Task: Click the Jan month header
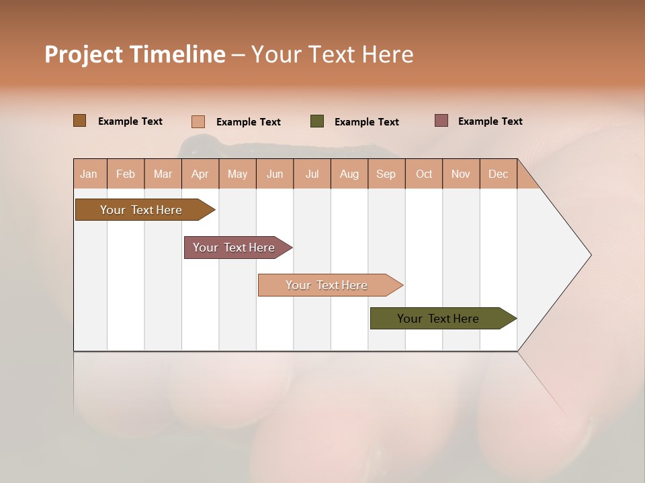pyautogui.click(x=89, y=174)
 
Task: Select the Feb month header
pyautogui.click(x=126, y=174)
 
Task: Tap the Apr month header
pyautogui.click(x=200, y=174)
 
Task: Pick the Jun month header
pyautogui.click(x=275, y=174)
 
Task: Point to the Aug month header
pyautogui.click(x=349, y=174)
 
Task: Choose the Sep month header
pyautogui.click(x=386, y=174)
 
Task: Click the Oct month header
pyautogui.click(x=424, y=174)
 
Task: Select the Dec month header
pyautogui.click(x=498, y=174)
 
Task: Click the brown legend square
pyautogui.click(x=80, y=121)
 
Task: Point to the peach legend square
pyautogui.click(x=198, y=121)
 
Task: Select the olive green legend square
pyautogui.click(x=317, y=121)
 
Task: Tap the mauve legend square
pyautogui.click(x=441, y=121)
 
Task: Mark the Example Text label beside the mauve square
pyautogui.click(x=490, y=121)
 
